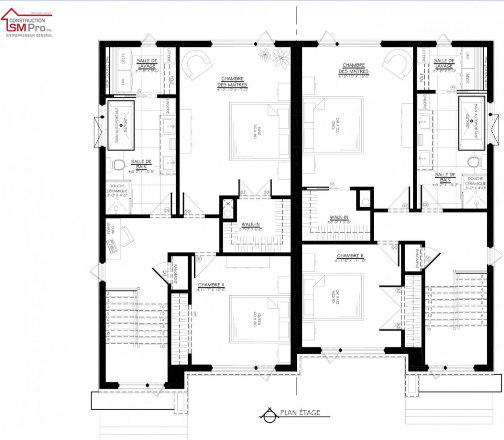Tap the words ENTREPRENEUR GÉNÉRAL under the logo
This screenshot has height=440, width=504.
[x=29, y=35]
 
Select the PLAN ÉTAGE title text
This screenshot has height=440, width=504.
[x=300, y=413]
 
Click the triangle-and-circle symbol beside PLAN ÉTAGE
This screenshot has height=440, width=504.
[x=267, y=414]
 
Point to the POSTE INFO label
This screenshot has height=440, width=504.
[x=110, y=229]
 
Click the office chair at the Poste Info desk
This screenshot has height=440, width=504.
[x=127, y=236]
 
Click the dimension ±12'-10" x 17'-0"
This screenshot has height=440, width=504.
[x=232, y=90]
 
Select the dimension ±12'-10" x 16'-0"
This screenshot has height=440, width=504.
[x=354, y=76]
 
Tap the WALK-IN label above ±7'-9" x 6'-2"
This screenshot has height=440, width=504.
[x=250, y=225]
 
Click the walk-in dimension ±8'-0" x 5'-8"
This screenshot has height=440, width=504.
[x=339, y=222]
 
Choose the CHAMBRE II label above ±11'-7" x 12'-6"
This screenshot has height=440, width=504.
[x=211, y=285]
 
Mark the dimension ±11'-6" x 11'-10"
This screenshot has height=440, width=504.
[x=350, y=260]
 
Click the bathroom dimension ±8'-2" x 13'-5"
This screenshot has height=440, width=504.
[x=142, y=172]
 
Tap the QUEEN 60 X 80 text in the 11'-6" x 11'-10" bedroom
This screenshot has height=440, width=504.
[x=336, y=297]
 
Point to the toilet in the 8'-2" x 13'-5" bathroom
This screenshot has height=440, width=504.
[x=118, y=164]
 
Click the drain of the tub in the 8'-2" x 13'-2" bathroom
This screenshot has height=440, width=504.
[x=471, y=121]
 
